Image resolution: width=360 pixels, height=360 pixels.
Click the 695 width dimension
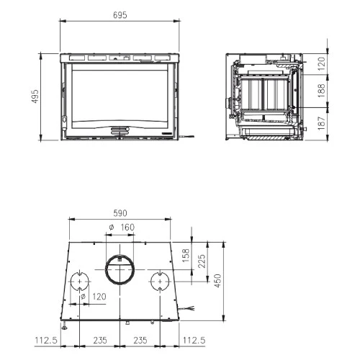(120, 15)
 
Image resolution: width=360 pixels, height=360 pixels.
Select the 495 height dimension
(35, 96)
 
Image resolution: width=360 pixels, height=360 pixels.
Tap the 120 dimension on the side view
(321, 63)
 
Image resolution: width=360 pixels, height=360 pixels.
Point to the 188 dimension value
(321, 91)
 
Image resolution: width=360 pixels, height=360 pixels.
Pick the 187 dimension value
(321, 123)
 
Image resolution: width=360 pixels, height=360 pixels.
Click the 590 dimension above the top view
(120, 213)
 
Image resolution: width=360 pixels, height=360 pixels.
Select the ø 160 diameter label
(122, 227)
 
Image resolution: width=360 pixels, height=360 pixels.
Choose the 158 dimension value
(186, 256)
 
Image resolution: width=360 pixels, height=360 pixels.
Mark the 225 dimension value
(202, 261)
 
